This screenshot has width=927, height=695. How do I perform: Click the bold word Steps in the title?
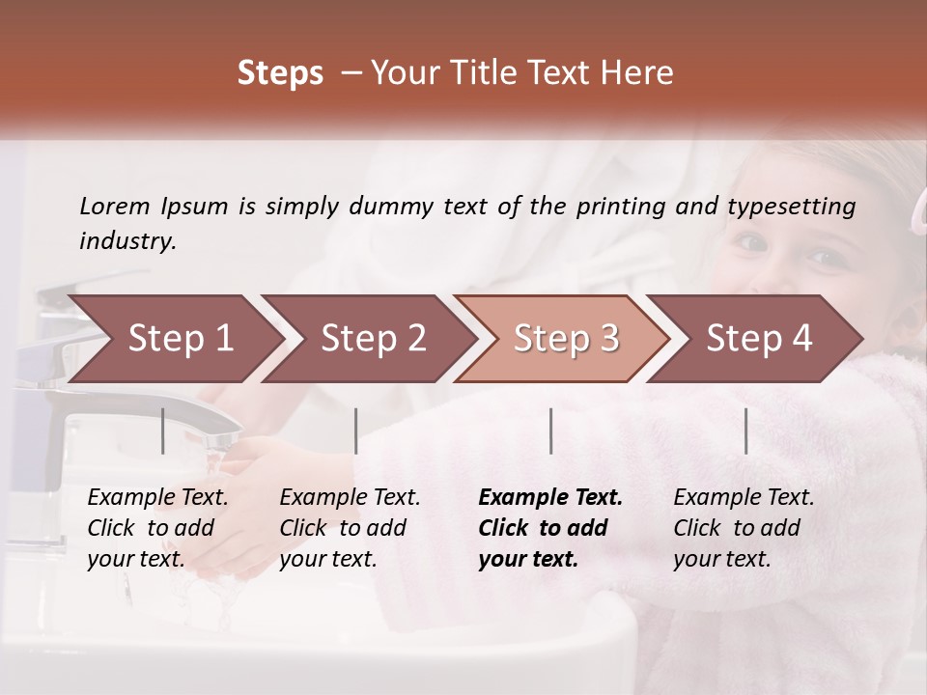coord(280,73)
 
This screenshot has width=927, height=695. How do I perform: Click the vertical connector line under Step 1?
coord(163,431)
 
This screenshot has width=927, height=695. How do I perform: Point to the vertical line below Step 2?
coord(356,431)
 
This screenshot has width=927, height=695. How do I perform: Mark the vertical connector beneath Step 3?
coord(550,431)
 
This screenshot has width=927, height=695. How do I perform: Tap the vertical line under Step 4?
coord(745,431)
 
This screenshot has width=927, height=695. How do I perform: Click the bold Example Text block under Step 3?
coord(550,528)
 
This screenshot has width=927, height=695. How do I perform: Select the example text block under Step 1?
coord(158,528)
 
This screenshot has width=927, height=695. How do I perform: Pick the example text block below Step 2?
coord(350,528)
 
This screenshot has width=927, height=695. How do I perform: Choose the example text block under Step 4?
coord(744,528)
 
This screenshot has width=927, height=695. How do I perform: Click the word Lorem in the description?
coord(115,206)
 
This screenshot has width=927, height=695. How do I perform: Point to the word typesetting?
coord(791,207)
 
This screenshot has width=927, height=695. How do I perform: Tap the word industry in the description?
coord(126,241)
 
